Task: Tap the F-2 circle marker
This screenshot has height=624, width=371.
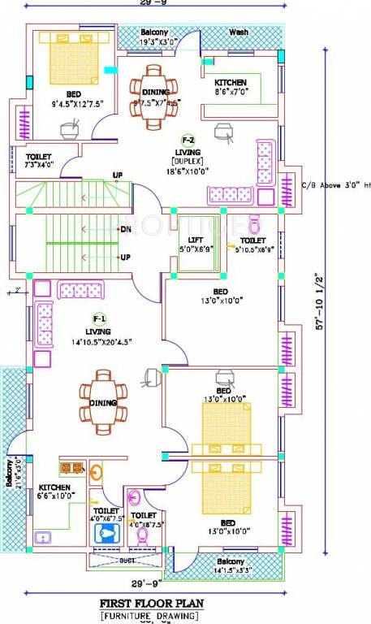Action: coord(188,139)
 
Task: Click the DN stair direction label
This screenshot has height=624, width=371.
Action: coord(126,230)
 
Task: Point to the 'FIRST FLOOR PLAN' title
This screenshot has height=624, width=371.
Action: coord(151,604)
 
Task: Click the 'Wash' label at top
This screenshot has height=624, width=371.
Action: coord(239,32)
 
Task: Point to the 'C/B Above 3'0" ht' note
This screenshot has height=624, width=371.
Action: coord(335,184)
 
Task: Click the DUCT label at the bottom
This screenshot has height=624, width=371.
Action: coord(127,561)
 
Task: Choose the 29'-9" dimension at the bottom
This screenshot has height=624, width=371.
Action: coord(146,583)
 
